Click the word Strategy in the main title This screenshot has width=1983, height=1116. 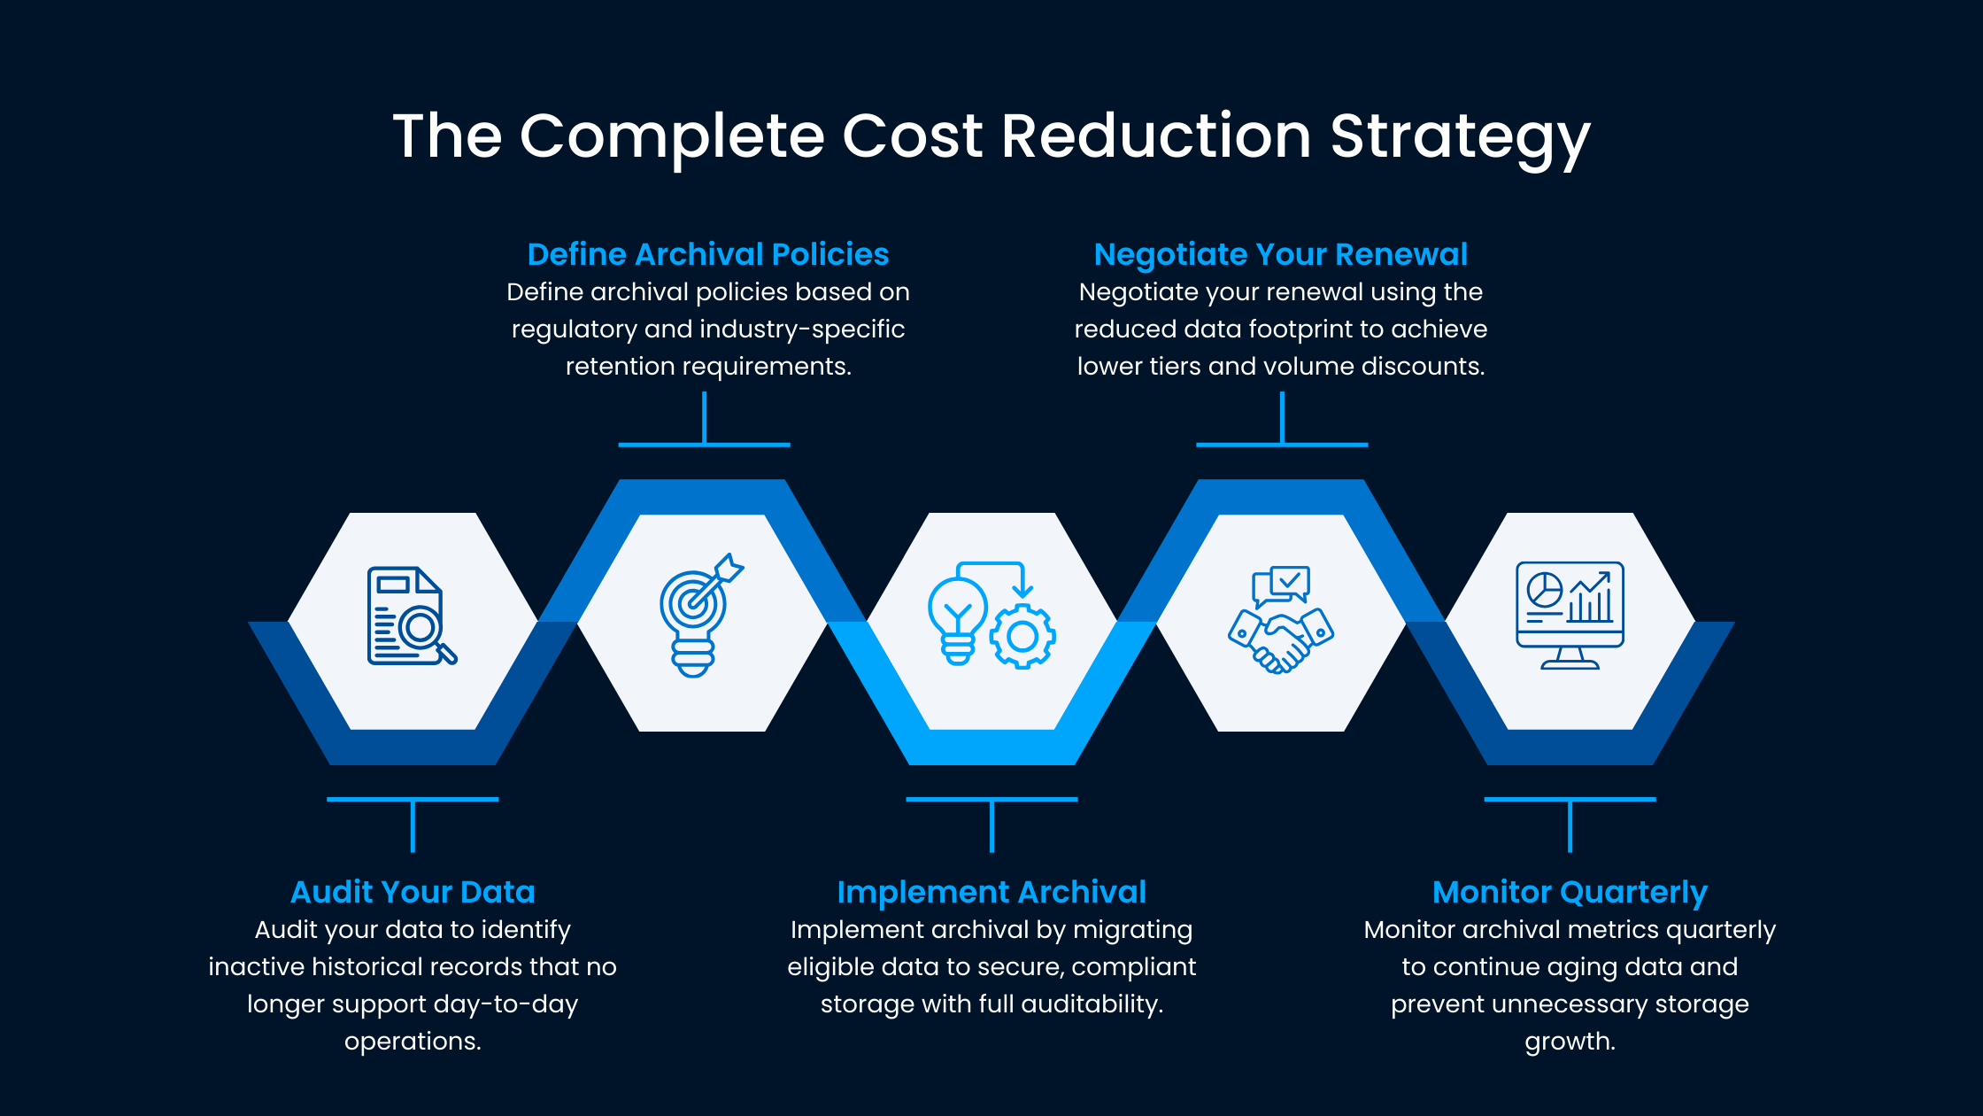(x=1460, y=137)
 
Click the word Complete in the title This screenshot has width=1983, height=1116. (x=672, y=137)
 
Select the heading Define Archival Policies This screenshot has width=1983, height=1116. (x=707, y=255)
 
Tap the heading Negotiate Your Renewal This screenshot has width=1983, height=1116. (x=1280, y=255)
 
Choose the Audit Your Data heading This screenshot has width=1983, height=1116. (x=413, y=892)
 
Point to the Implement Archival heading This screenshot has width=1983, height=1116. (x=991, y=892)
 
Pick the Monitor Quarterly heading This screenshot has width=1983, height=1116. (x=1570, y=892)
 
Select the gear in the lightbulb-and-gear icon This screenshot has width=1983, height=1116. (x=1022, y=636)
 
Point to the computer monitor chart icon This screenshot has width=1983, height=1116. (x=1570, y=615)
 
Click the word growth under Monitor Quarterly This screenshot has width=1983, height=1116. (x=1570, y=1042)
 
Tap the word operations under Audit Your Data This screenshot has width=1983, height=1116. (x=413, y=1042)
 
